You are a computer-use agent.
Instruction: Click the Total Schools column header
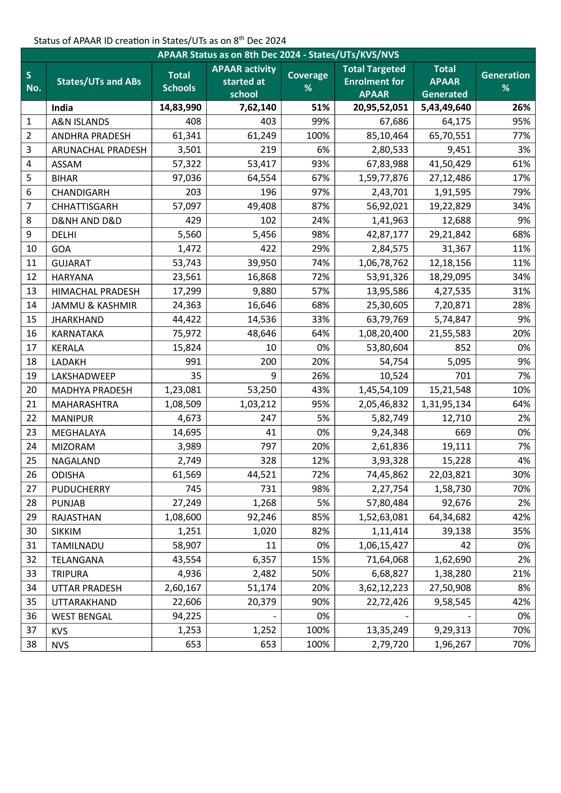179,81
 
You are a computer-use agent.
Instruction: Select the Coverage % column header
307,81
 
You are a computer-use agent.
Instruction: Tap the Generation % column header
505,81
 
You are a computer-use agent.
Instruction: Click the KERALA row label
68,348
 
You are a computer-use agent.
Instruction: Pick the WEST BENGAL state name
82,616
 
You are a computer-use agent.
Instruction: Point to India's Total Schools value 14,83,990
180,108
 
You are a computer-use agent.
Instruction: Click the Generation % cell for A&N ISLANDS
521,122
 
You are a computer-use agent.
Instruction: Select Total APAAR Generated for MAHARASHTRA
446,404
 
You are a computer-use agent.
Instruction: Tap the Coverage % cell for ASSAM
320,164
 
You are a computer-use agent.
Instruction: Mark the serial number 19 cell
32,376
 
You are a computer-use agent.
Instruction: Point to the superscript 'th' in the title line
242,38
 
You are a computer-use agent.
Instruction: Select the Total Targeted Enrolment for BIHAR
383,178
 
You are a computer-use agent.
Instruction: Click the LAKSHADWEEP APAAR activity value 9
273,376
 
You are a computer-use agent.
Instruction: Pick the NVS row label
60,645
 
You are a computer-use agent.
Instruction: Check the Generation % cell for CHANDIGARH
521,192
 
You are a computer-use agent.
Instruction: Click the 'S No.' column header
33,81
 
